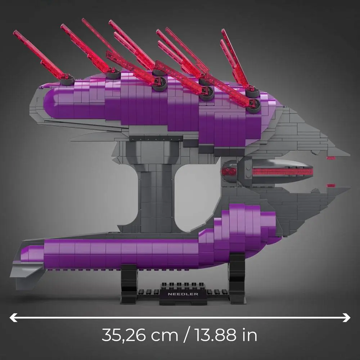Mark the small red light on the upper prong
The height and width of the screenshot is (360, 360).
[x=330, y=158]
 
